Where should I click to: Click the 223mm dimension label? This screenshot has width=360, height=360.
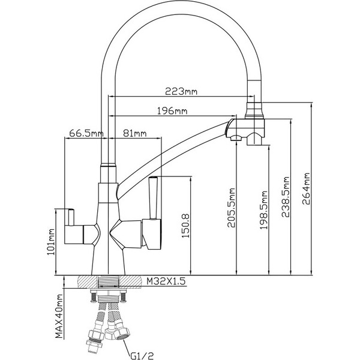pyautogui.click(x=182, y=92)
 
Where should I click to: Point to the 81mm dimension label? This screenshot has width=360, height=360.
pyautogui.click(x=134, y=133)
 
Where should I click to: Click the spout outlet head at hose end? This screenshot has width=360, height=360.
pyautogui.click(x=247, y=130)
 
